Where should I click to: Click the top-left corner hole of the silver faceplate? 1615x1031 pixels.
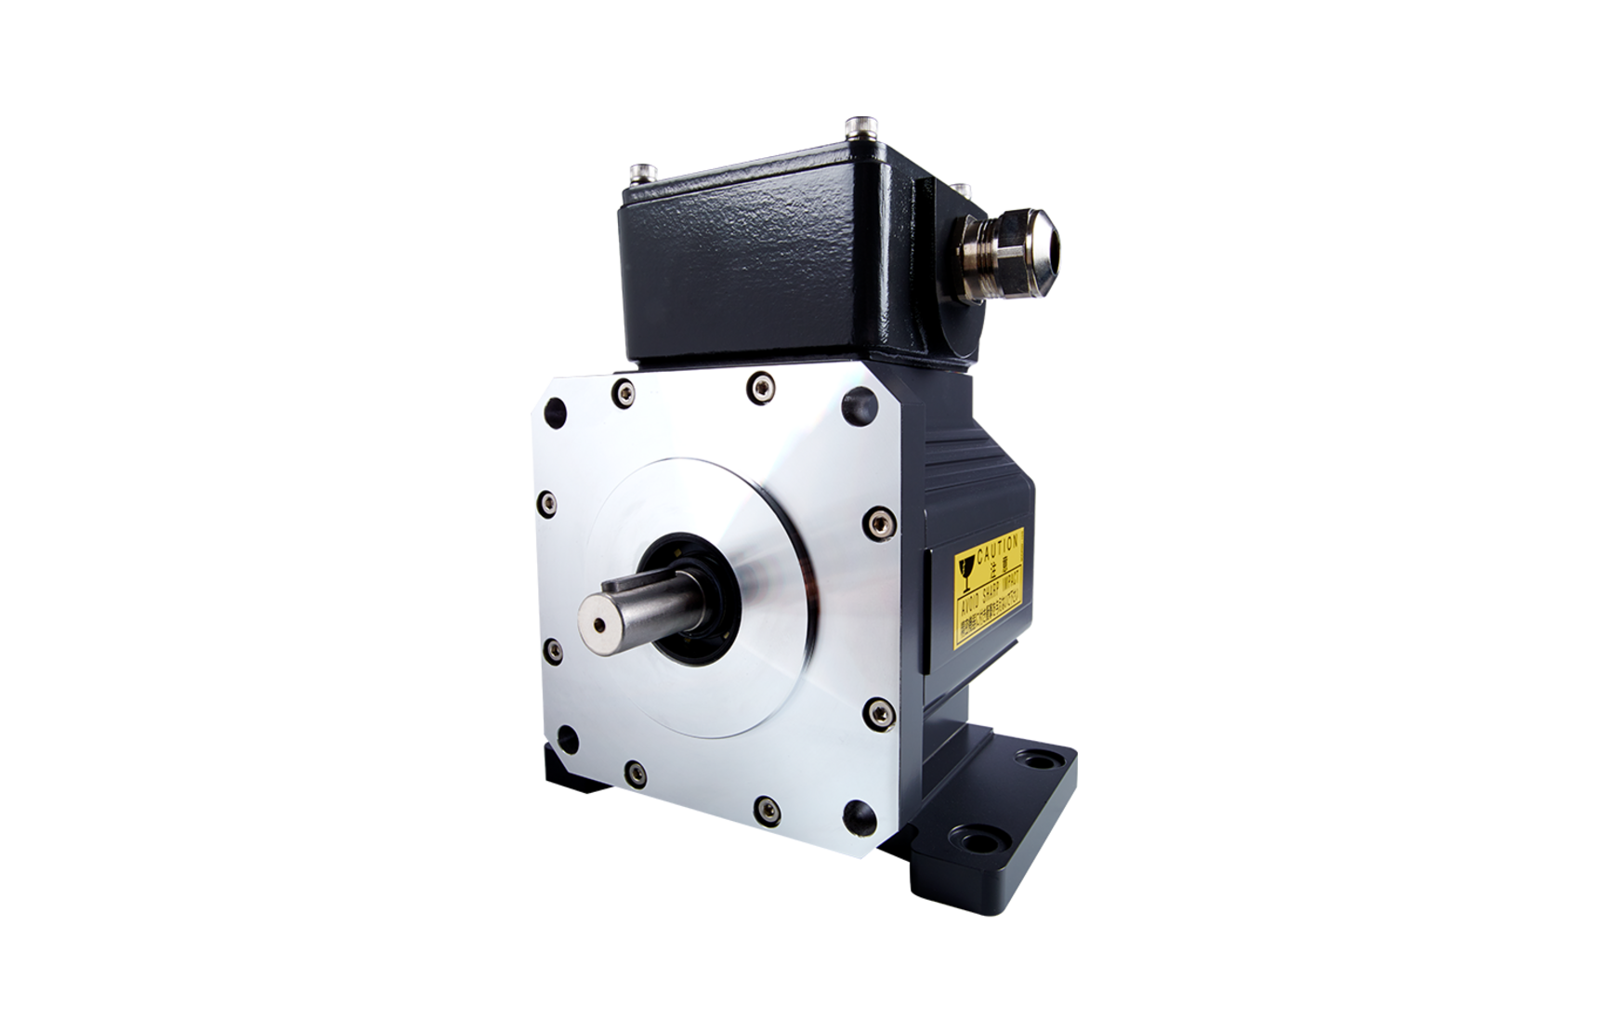coord(556,411)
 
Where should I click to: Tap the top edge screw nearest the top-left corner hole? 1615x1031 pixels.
coord(620,394)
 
